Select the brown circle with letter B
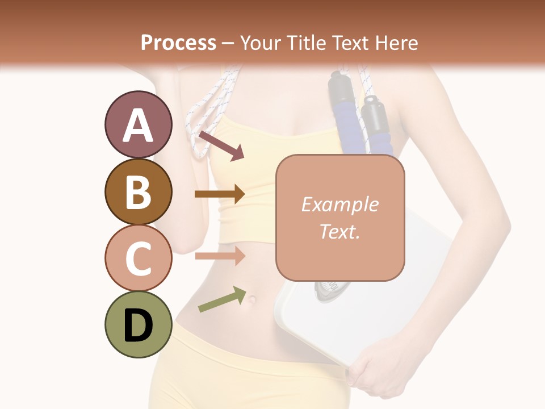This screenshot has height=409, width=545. point(138,191)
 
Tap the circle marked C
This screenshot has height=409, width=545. point(138,257)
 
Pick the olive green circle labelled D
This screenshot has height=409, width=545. point(138,324)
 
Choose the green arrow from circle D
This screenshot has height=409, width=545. point(222,300)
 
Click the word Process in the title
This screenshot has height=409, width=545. point(178,43)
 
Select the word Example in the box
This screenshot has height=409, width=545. point(339,204)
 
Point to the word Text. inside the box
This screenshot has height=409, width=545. point(339,231)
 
